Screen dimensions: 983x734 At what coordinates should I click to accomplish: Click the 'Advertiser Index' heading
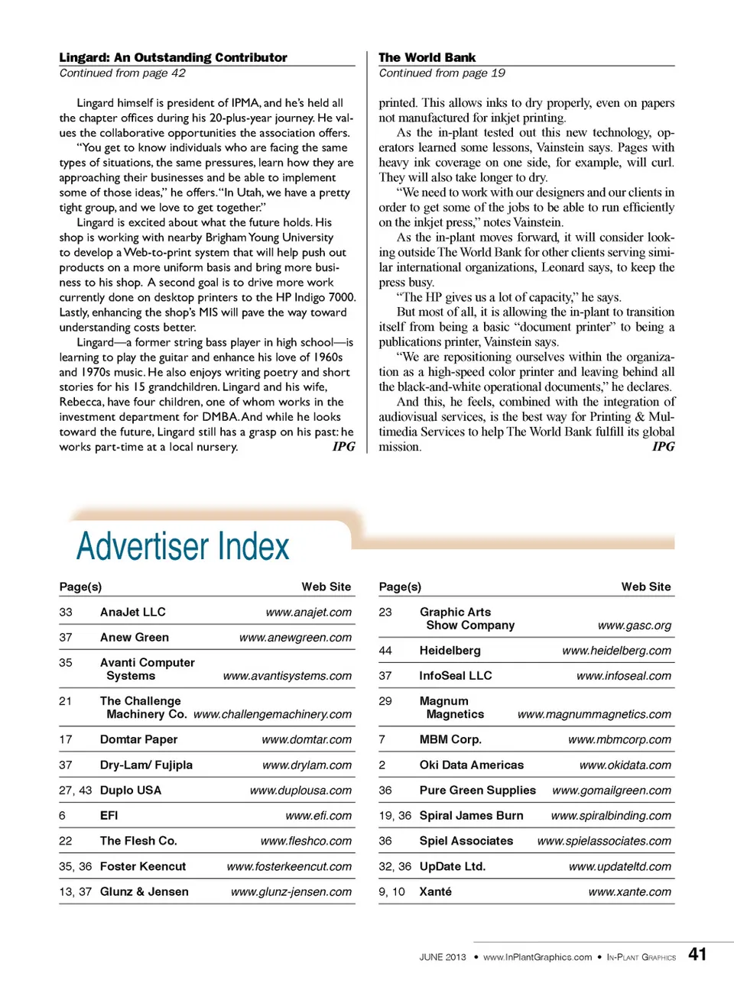pyautogui.click(x=183, y=546)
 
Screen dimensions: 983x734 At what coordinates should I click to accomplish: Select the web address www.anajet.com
pyautogui.click(x=308, y=612)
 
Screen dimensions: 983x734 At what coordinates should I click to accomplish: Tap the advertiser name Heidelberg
pyautogui.click(x=450, y=650)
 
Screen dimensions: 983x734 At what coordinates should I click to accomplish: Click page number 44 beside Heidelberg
pyautogui.click(x=385, y=650)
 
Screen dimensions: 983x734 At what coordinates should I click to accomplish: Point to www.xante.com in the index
pyautogui.click(x=629, y=891)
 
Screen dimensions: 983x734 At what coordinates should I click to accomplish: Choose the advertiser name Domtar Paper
pyautogui.click(x=138, y=739)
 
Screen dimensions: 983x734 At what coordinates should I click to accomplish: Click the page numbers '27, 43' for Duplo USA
pyautogui.click(x=75, y=790)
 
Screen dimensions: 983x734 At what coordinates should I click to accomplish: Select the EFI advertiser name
pyautogui.click(x=109, y=815)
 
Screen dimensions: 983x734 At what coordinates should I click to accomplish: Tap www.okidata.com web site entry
pyautogui.click(x=625, y=765)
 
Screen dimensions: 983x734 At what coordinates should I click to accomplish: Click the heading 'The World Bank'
pyautogui.click(x=427, y=57)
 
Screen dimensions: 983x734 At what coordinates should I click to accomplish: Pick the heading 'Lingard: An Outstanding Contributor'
pyautogui.click(x=173, y=57)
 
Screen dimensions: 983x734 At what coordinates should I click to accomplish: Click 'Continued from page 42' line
pyautogui.click(x=122, y=73)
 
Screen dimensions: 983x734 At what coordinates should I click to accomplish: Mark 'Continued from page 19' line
pyautogui.click(x=441, y=73)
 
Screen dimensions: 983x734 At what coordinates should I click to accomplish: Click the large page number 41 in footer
pyautogui.click(x=697, y=954)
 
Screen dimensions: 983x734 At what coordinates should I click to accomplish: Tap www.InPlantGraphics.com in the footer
pyautogui.click(x=537, y=957)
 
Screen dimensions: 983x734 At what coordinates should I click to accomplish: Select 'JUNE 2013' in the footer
pyautogui.click(x=442, y=957)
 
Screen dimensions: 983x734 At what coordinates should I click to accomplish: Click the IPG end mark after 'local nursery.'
pyautogui.click(x=343, y=447)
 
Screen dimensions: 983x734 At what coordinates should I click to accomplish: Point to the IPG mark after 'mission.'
pyautogui.click(x=663, y=447)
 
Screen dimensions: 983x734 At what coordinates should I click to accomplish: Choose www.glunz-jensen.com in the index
pyautogui.click(x=291, y=891)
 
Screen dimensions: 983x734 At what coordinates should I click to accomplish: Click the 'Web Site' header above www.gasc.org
pyautogui.click(x=645, y=587)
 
